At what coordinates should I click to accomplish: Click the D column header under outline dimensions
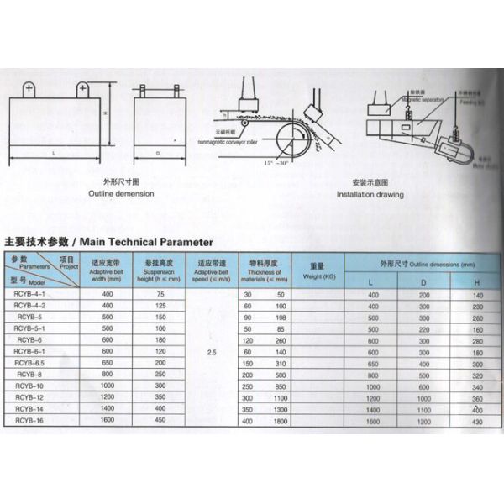(423, 282)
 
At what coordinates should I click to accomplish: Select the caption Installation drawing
(370, 194)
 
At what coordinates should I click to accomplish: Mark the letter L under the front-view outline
(53, 154)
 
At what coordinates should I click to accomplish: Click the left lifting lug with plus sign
(29, 87)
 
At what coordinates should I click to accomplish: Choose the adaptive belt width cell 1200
(108, 396)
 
